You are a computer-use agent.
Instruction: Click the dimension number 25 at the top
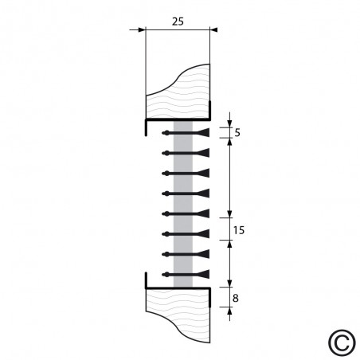178,22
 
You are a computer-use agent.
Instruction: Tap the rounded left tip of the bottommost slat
164,275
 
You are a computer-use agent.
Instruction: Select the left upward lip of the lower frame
146,279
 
